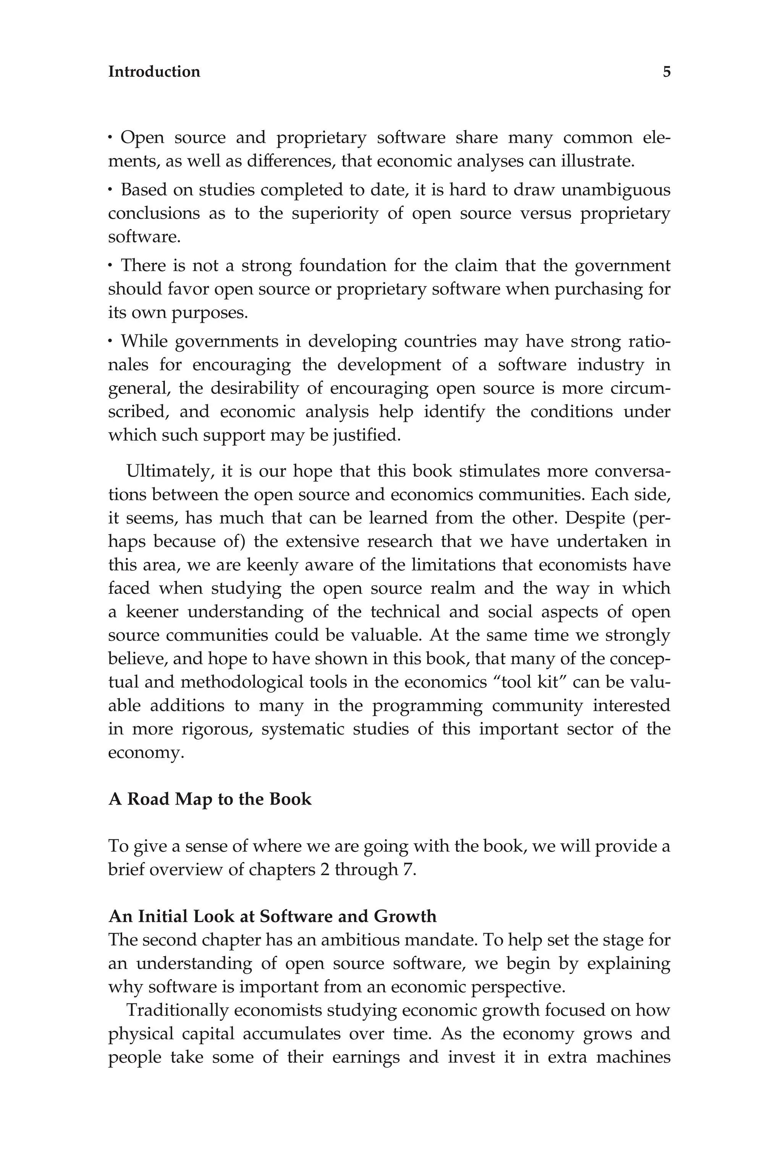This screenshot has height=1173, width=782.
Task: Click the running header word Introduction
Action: tap(154, 72)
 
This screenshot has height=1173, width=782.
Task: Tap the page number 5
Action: tap(666, 72)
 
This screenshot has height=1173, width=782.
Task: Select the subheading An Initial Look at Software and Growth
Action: tap(272, 916)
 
